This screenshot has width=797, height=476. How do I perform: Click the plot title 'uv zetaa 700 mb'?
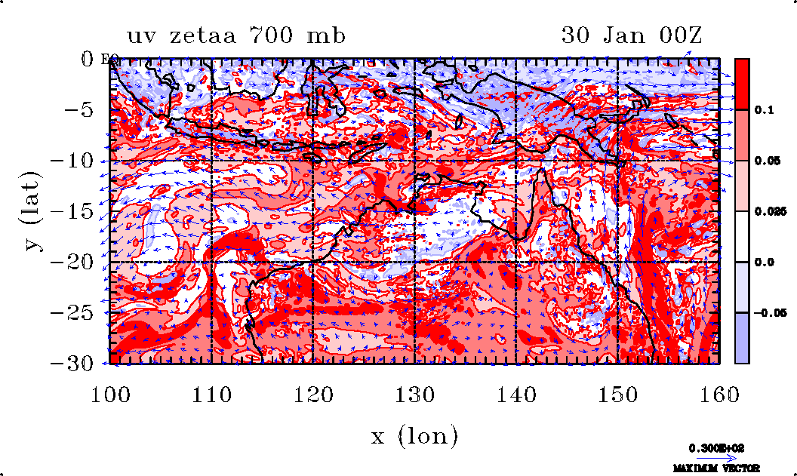(235, 35)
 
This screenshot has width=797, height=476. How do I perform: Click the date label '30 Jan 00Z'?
(631, 35)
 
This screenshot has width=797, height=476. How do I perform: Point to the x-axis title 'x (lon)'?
(414, 436)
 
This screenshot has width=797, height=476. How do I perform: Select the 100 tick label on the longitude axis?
(110, 393)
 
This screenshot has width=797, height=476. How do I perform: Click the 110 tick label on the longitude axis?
(212, 393)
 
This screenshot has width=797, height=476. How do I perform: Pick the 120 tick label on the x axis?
(313, 393)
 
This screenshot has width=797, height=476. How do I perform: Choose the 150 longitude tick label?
(617, 393)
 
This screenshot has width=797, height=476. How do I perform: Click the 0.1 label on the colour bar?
(765, 110)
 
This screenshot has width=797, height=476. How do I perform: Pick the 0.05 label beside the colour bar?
(768, 161)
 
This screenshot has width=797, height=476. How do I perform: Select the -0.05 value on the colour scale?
(769, 312)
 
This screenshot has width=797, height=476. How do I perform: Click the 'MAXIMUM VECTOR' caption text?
(716, 468)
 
